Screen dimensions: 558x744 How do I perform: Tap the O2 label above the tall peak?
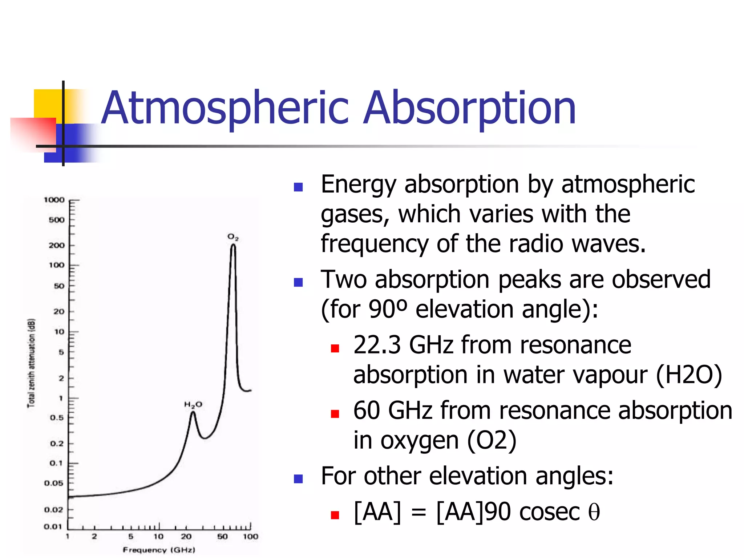[233, 237]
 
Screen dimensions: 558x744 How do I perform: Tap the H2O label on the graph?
[193, 405]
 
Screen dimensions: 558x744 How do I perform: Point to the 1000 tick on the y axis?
[54, 200]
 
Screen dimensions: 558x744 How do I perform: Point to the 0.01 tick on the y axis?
[53, 526]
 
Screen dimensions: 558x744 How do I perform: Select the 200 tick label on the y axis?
[57, 245]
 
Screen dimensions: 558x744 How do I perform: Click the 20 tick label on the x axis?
[186, 536]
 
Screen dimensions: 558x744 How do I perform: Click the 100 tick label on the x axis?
[250, 536]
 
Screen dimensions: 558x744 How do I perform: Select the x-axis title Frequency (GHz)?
[159, 550]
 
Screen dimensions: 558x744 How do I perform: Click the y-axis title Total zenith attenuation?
[32, 363]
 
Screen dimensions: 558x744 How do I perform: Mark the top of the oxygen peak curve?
[233, 245]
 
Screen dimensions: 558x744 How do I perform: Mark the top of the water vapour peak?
[193, 412]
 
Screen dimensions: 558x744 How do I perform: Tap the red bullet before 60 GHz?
[335, 413]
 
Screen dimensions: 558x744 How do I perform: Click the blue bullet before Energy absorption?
[298, 187]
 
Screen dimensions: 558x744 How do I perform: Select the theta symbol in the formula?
[594, 512]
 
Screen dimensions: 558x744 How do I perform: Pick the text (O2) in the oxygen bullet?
[492, 440]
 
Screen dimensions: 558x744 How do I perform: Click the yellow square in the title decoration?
[47, 104]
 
